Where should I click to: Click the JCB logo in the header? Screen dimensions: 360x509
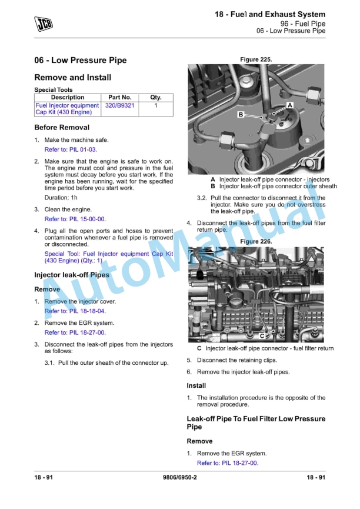tap(44, 24)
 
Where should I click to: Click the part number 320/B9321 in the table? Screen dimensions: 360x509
tap(119, 105)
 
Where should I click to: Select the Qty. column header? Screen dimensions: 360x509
tap(156, 97)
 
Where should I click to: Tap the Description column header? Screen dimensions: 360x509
tap(68, 97)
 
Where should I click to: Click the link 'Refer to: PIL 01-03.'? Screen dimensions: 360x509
tap(71, 149)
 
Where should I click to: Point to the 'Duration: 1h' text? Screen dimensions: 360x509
tap(61, 198)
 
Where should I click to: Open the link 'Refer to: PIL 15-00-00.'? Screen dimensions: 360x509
tap(75, 219)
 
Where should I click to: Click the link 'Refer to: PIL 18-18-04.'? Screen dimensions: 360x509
tap(75, 311)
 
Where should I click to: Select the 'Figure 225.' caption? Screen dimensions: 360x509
tap(256, 59)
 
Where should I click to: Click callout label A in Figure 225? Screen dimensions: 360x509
tap(290, 105)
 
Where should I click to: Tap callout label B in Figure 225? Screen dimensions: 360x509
tap(241, 115)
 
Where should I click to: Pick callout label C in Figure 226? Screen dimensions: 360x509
tap(262, 336)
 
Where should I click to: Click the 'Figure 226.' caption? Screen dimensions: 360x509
tap(256, 241)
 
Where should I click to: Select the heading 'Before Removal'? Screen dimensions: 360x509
tap(62, 128)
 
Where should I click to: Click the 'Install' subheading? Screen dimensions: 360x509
tap(196, 385)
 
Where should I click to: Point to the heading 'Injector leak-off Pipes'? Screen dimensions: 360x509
tap(72, 275)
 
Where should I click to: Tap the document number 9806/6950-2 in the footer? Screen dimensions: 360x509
tap(180, 477)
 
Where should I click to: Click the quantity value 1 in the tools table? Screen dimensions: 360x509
tap(156, 105)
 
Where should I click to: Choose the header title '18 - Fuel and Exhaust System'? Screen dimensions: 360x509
tap(270, 14)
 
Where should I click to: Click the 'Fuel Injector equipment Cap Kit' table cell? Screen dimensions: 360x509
tap(67, 109)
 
